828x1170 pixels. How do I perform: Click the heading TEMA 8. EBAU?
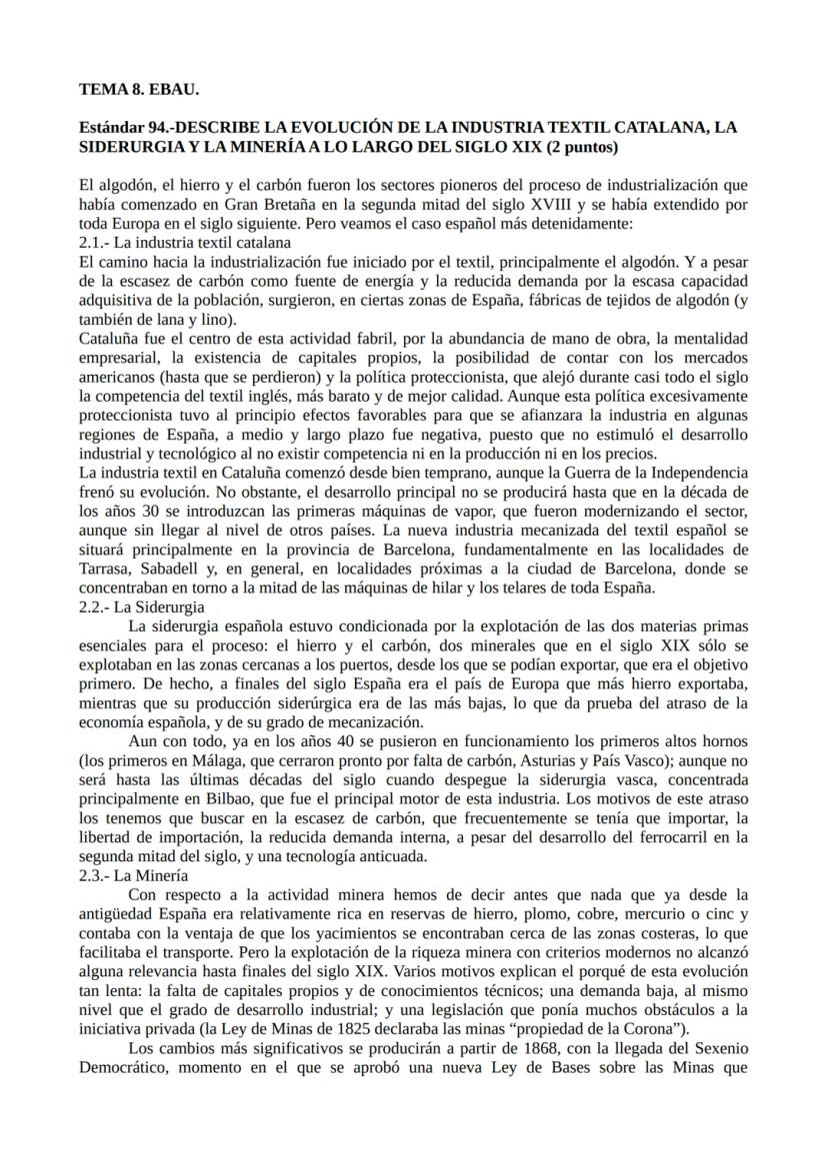[x=139, y=90]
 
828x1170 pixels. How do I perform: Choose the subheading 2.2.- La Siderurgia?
[x=142, y=606]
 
